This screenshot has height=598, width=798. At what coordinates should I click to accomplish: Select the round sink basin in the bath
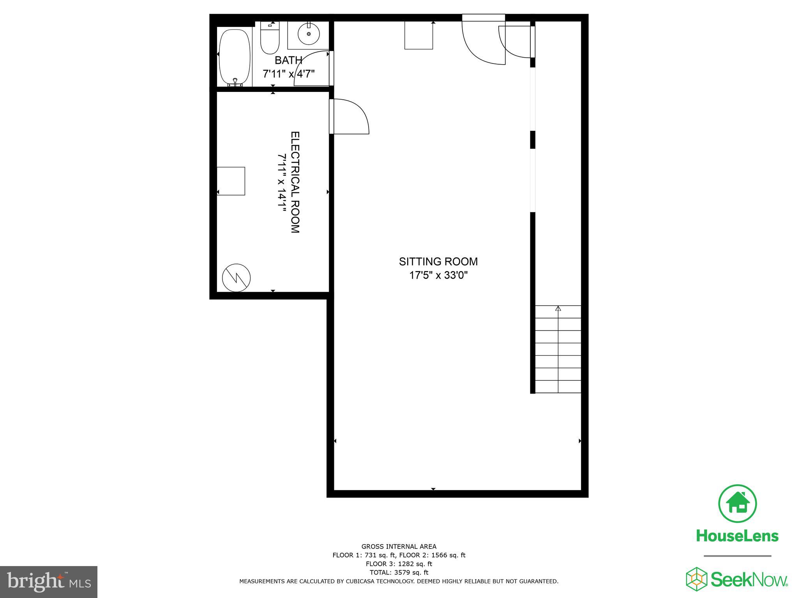tap(309, 34)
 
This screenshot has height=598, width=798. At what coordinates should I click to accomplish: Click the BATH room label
tap(288, 60)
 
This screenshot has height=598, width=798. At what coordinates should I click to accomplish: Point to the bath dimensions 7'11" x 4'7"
tap(288, 74)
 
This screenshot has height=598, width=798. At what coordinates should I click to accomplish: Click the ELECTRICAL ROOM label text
tap(295, 182)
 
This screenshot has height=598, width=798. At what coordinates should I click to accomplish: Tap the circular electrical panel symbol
tap(236, 278)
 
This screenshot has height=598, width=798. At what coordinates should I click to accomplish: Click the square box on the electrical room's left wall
tap(231, 181)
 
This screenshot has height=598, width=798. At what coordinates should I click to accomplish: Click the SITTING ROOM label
tap(438, 262)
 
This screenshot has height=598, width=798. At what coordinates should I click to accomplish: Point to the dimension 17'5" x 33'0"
tap(438, 275)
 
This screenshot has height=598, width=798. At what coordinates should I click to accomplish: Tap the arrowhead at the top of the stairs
tap(558, 309)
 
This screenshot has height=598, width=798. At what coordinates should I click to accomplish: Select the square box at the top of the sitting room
tap(418, 35)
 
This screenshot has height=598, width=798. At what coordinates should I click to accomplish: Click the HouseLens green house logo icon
tap(737, 503)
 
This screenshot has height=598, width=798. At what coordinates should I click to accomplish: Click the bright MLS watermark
tap(49, 582)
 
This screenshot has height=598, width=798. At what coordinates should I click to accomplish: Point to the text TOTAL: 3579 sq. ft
tap(399, 572)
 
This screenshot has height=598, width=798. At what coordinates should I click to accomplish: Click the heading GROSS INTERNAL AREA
tap(399, 547)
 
